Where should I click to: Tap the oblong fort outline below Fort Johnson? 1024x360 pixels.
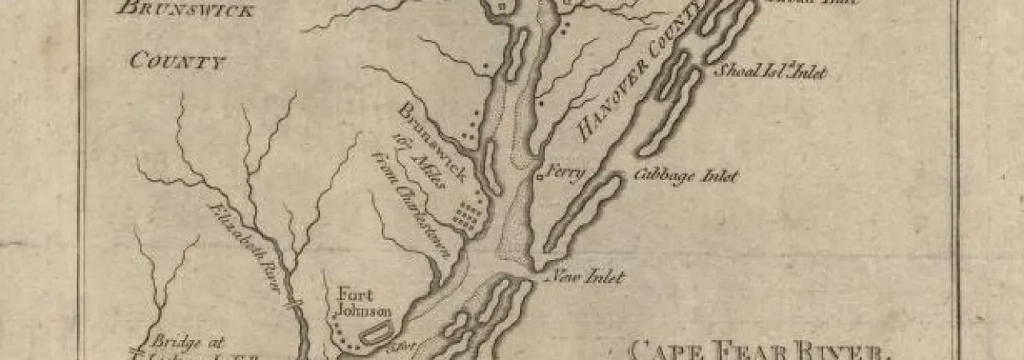pos(375,332)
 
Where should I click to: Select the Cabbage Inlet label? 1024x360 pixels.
pos(686,176)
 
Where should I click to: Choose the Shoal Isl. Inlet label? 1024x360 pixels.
pos(769,72)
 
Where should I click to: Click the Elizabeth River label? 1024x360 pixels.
pos(247,246)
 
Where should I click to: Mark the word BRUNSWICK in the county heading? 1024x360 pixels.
pos(186,11)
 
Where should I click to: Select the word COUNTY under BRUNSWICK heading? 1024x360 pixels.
pos(178,61)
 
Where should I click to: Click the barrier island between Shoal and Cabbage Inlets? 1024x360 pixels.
pos(670,112)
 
